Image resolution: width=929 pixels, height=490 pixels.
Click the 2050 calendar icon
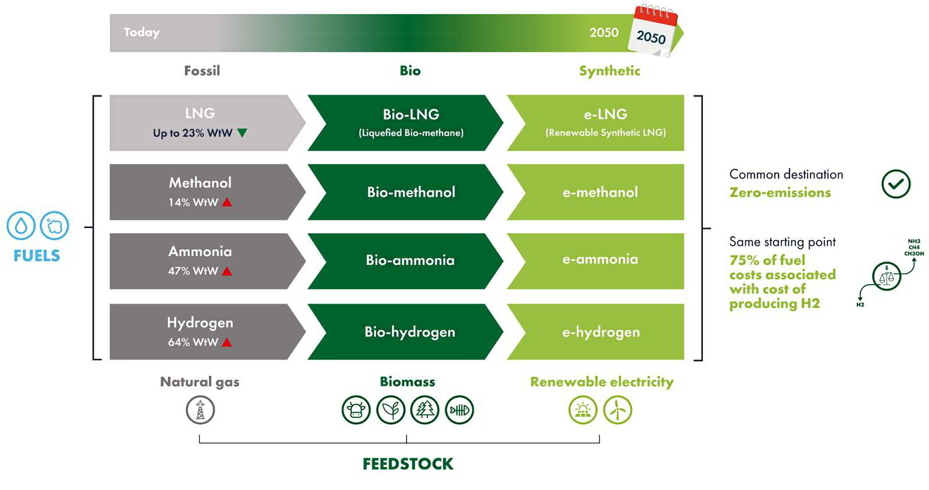[x=653, y=31]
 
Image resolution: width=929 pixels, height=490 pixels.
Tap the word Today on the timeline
[x=142, y=33]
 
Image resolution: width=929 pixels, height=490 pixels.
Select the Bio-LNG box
[x=406, y=123]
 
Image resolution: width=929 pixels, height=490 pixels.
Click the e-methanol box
[x=595, y=192]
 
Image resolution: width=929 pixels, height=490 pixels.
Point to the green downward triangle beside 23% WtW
[x=242, y=133]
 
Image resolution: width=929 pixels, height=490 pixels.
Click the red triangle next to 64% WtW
[x=227, y=342]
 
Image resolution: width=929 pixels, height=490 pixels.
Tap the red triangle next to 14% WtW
[x=227, y=202]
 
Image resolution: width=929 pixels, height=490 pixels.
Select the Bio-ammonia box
[x=406, y=261]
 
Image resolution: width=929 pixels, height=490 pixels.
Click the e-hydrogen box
[x=595, y=332]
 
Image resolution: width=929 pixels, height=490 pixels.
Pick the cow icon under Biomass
[x=356, y=410]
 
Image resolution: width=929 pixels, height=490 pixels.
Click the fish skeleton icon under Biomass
[x=459, y=410]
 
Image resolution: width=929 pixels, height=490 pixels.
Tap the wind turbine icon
[x=617, y=410]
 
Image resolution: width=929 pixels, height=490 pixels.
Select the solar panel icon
[x=583, y=410]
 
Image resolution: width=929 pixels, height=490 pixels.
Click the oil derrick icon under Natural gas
[x=201, y=410]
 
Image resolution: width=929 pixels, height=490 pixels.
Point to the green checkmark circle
[x=896, y=184]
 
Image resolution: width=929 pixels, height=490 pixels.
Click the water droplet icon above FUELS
[x=21, y=226]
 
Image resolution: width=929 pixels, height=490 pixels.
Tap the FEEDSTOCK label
[x=408, y=464]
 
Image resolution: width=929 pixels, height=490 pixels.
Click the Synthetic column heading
[x=610, y=71]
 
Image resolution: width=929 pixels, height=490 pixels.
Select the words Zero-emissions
[x=780, y=192]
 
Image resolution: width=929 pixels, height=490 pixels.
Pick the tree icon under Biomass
[x=425, y=410]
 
